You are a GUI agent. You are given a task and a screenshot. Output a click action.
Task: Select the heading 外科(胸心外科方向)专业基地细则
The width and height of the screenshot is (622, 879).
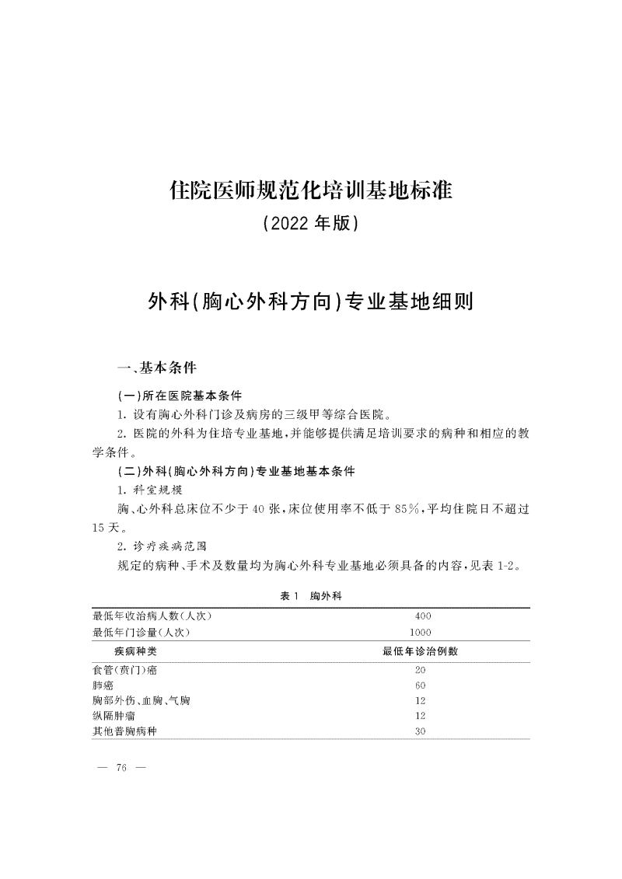point(310,302)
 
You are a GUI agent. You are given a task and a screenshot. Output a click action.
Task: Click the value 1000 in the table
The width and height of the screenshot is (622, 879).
point(421,633)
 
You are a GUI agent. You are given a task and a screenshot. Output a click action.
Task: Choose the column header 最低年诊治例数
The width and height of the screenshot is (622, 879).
point(420,651)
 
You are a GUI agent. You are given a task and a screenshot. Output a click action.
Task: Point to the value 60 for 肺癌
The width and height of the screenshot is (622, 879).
point(421,685)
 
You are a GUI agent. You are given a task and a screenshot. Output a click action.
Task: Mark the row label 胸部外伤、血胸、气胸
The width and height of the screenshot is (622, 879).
point(141,700)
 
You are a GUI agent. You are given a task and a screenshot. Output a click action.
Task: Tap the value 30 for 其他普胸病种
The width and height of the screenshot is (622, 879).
point(421,731)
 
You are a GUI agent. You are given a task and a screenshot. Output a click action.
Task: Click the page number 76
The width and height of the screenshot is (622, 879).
point(121,769)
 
